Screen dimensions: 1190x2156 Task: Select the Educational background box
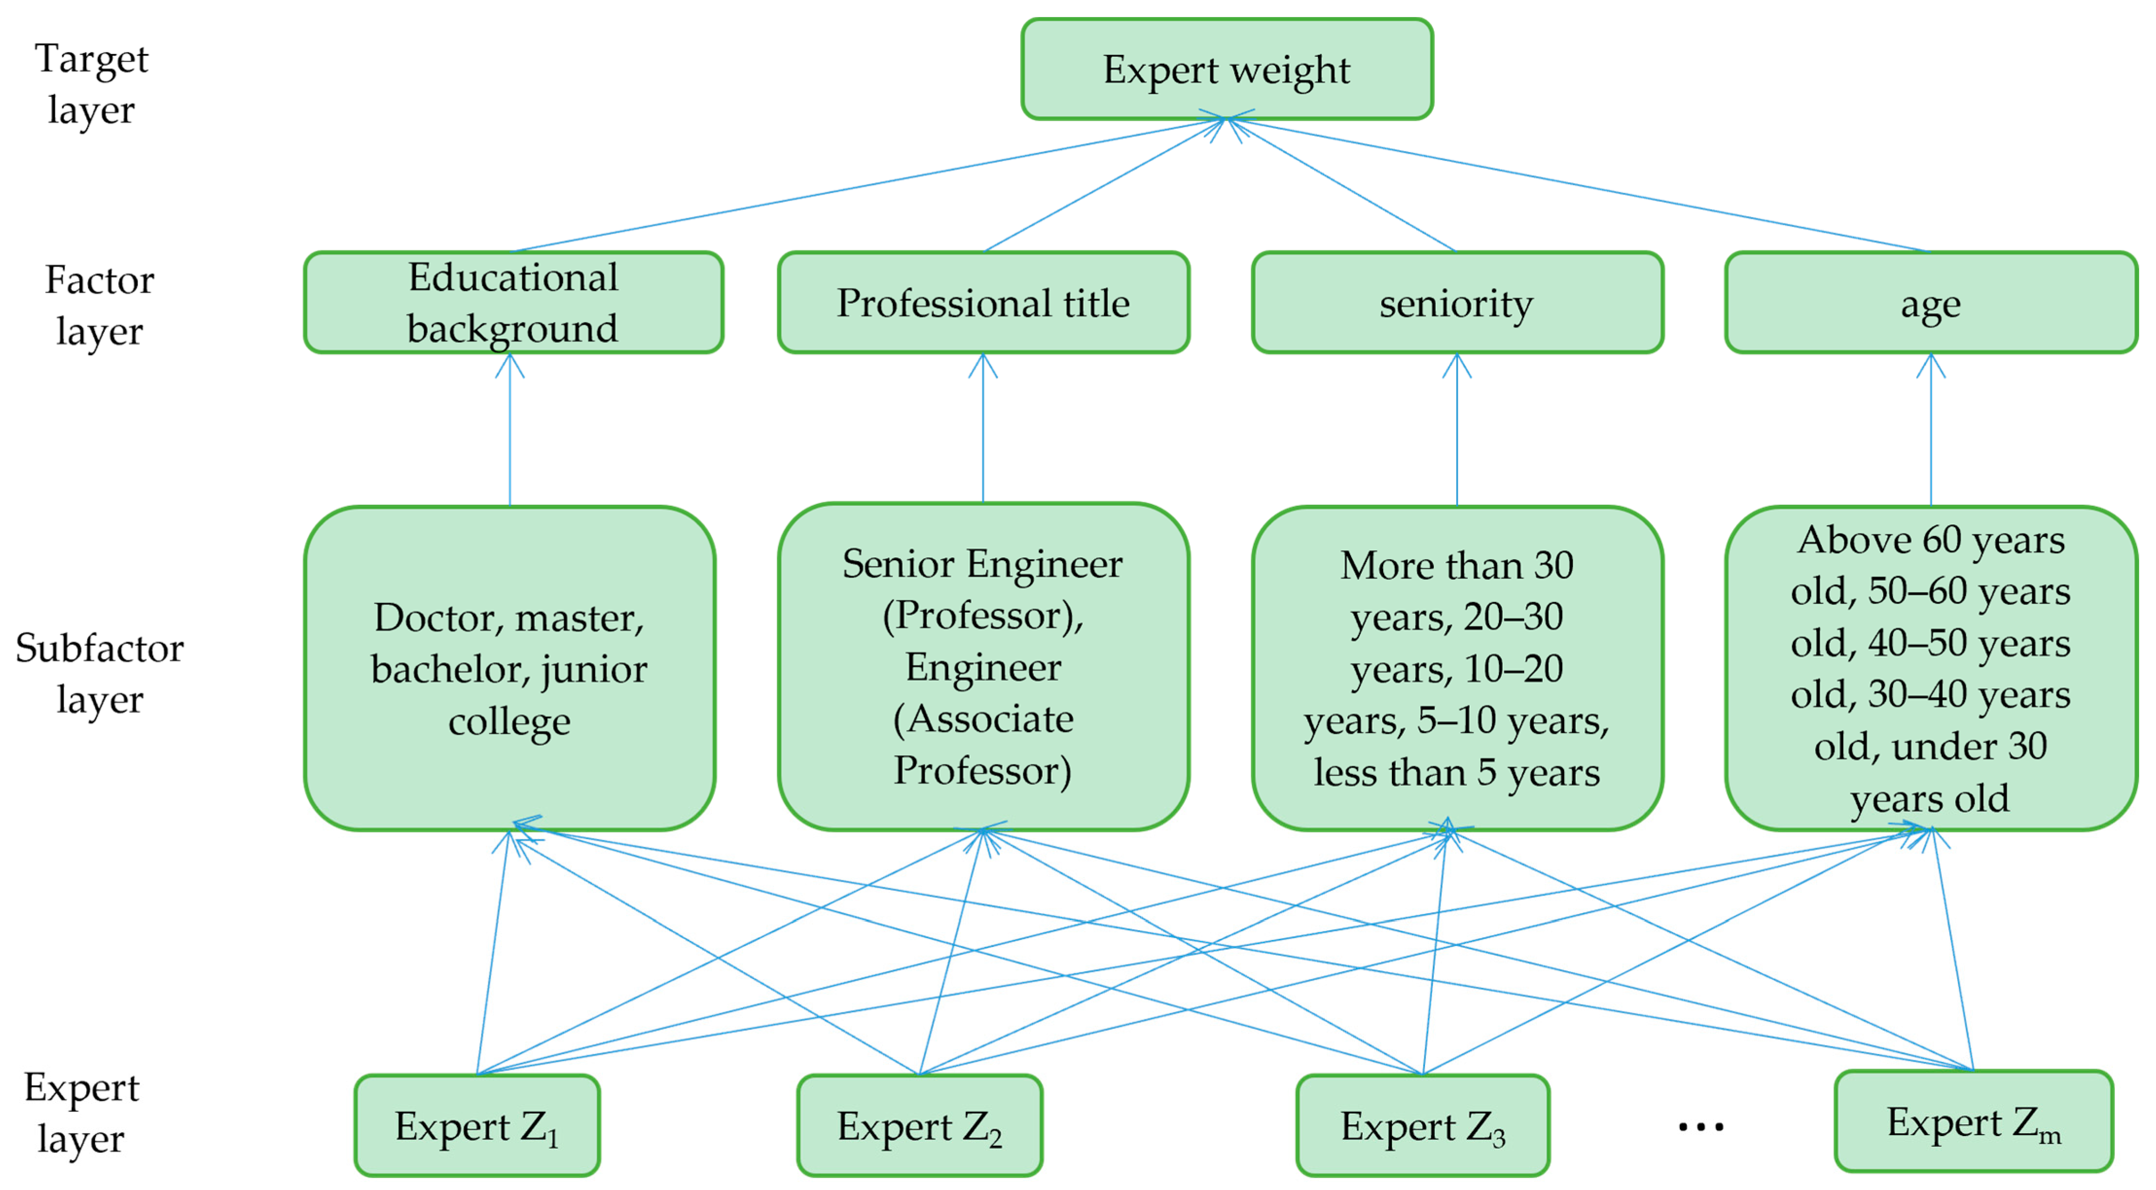click(x=513, y=302)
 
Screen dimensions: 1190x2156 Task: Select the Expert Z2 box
click(x=919, y=1125)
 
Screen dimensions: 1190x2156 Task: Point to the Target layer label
click(x=91, y=84)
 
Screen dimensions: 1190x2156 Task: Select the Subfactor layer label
click(x=99, y=674)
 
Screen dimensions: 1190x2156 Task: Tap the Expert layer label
click(x=81, y=1113)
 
